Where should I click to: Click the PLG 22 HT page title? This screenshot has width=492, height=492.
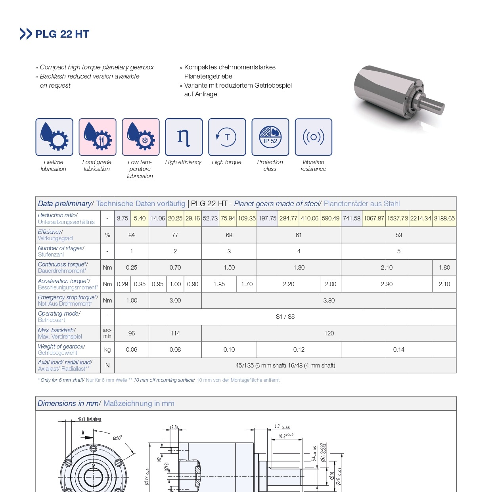(62, 34)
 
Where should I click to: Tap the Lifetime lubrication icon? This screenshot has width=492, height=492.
(54, 137)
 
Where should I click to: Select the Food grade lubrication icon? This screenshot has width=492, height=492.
(98, 137)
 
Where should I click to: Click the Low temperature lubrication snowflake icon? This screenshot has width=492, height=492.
(141, 137)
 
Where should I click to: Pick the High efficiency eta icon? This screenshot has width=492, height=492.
(184, 137)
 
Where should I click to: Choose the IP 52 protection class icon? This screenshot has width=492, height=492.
(270, 137)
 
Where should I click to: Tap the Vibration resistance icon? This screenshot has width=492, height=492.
(314, 137)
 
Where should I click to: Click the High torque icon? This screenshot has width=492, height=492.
(227, 137)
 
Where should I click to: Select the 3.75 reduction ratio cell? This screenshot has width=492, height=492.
(123, 218)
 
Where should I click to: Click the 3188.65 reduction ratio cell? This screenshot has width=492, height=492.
(444, 218)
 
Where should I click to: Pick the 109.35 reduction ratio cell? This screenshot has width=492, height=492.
(247, 218)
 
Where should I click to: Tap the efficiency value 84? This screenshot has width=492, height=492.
(132, 235)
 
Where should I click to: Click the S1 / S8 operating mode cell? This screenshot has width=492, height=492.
(285, 317)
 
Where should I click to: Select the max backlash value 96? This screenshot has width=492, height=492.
(132, 333)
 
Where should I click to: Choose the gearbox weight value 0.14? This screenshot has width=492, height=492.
(398, 350)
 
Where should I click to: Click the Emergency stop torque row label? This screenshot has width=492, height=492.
(68, 301)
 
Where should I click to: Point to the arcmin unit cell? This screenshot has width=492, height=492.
(107, 333)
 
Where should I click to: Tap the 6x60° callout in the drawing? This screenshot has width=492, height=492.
(117, 438)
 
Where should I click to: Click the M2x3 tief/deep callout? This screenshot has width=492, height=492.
(89, 419)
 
